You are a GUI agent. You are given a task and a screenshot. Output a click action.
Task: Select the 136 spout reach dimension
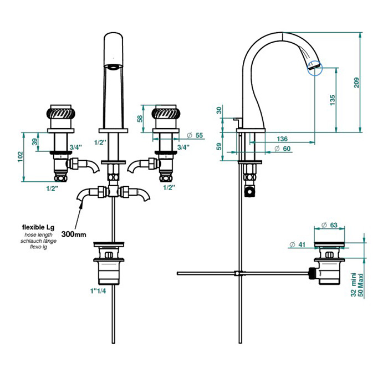pos(282,139)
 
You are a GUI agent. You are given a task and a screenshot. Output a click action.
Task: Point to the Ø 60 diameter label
pos(284,148)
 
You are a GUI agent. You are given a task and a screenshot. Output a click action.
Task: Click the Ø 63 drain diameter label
pos(330,225)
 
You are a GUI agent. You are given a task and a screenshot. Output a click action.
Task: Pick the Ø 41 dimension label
pos(298,244)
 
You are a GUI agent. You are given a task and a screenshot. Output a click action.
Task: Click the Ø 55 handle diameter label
pos(195,135)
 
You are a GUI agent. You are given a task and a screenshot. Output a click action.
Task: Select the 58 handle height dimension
pos(141,118)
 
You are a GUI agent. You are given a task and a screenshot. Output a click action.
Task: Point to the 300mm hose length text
pos(74,234)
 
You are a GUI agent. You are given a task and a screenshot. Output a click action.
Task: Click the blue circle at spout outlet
pos(314,68)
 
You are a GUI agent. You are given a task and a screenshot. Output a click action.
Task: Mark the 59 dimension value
pos(219,146)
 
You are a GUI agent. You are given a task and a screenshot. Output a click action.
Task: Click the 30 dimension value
pos(219,110)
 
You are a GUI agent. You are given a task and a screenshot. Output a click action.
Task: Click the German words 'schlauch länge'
pos(38,242)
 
